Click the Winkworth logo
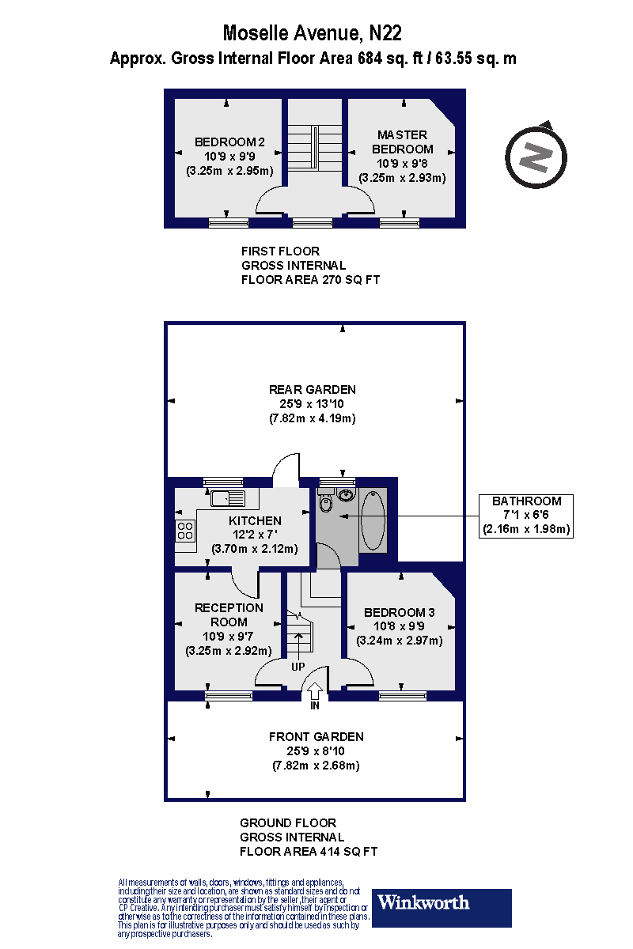coord(442,908)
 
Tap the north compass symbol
coord(536,156)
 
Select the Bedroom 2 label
coord(229,142)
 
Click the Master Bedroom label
coord(402,142)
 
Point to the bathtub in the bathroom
coord(373,520)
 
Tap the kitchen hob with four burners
coord(185,531)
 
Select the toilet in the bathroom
coord(326,503)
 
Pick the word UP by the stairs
coord(298,667)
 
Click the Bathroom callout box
coord(526,515)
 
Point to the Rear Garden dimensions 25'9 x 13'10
coord(312,403)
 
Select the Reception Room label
coord(229,614)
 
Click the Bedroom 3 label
coord(399,612)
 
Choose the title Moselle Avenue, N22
coord(313,33)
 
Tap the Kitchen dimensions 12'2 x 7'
coord(255,535)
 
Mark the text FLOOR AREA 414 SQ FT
coord(309,852)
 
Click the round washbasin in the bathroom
coord(345,496)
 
